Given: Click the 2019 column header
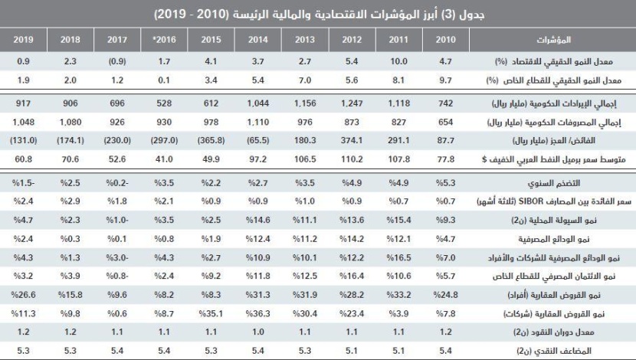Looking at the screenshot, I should (x=24, y=38).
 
